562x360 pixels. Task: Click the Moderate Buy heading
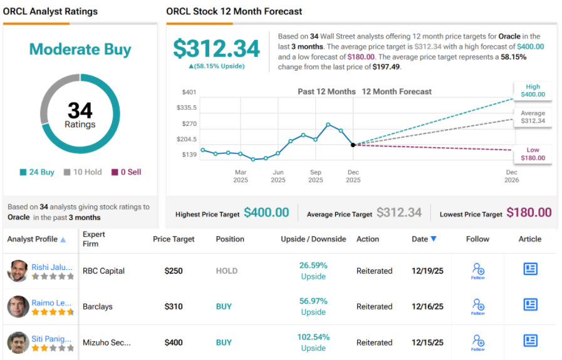(x=80, y=49)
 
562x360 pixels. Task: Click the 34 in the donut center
(x=80, y=111)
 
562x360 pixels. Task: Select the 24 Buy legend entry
(x=37, y=172)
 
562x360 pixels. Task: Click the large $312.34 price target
(x=216, y=48)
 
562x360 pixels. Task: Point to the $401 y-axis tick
(x=189, y=92)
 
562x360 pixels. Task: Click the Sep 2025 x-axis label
(x=315, y=176)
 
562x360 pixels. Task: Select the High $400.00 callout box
(x=533, y=91)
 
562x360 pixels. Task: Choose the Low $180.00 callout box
(x=533, y=154)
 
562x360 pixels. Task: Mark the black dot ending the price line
(x=353, y=145)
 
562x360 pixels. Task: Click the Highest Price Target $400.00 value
(x=266, y=213)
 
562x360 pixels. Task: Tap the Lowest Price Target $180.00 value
(x=529, y=213)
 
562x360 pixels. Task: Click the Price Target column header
(x=174, y=239)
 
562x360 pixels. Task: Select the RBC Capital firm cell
(x=103, y=271)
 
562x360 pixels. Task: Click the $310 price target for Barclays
(x=174, y=307)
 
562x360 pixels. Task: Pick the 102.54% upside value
(x=313, y=337)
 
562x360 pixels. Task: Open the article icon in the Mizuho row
(x=530, y=341)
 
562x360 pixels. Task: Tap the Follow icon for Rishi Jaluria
(x=477, y=270)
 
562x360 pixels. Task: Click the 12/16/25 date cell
(x=427, y=307)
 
